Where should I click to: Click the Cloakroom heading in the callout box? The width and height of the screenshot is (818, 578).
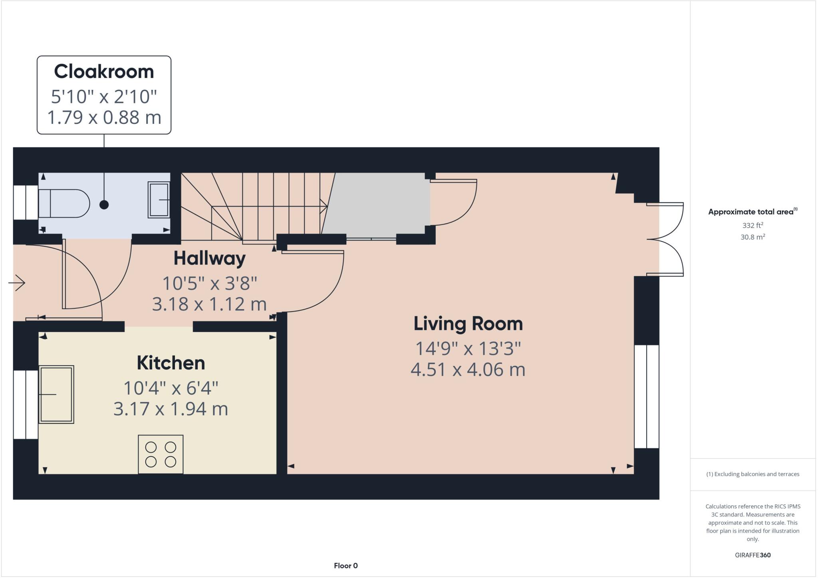point(104,72)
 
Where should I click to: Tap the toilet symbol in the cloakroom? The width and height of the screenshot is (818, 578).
point(64,203)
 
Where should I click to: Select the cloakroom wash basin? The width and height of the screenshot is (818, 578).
point(159,200)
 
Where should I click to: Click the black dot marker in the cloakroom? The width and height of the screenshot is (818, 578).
point(104,205)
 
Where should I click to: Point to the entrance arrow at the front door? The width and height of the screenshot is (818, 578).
point(17,283)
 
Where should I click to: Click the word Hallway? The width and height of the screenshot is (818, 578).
point(209,258)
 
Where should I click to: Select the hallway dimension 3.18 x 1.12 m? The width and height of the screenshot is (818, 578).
point(209,304)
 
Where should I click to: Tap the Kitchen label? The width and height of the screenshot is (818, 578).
point(171,363)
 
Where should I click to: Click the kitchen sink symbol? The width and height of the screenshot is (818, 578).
point(56,394)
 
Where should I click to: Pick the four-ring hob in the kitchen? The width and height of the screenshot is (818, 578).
point(161,454)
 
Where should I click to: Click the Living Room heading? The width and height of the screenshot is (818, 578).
point(468,324)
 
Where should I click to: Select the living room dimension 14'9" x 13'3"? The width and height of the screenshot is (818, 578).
point(468,348)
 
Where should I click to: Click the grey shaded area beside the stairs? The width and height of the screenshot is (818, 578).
point(377,204)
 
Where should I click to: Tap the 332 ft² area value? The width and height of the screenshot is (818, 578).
point(752,225)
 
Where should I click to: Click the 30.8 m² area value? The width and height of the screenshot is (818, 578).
point(752,237)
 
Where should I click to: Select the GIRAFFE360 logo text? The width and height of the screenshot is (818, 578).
point(752,555)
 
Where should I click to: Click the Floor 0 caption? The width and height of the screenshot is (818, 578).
point(345,566)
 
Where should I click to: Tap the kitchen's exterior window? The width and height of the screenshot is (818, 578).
point(26,404)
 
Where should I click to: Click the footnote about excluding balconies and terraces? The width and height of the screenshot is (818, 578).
point(752,474)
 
